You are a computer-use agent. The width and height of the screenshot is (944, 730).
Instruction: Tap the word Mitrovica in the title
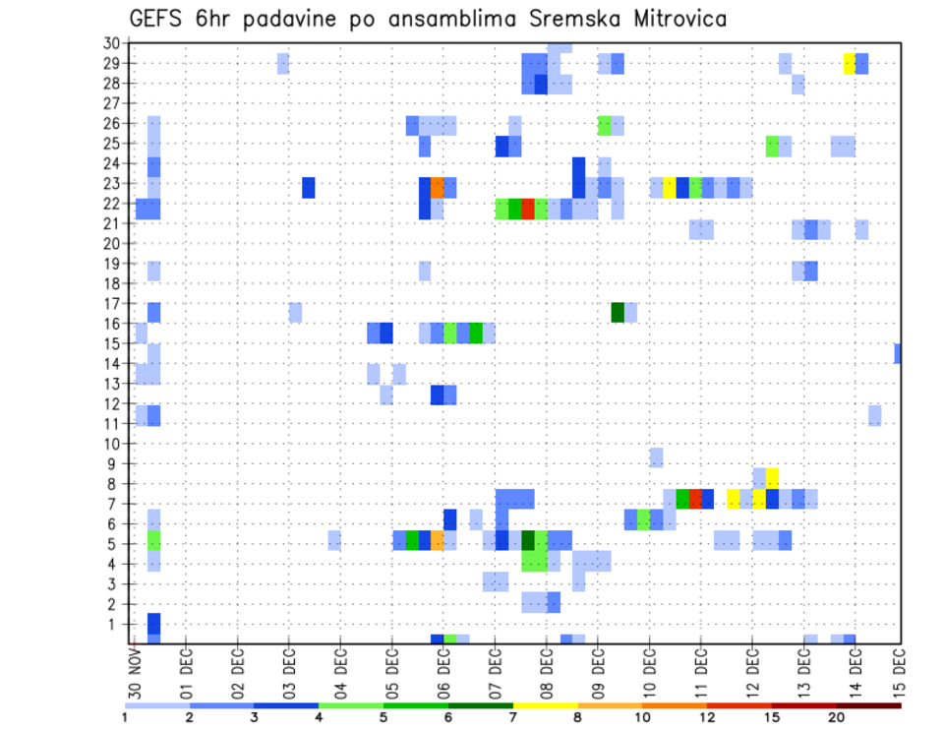[664, 19]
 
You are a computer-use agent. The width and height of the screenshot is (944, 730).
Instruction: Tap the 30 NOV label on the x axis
[134, 668]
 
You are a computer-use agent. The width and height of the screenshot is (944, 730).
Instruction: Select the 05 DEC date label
[391, 668]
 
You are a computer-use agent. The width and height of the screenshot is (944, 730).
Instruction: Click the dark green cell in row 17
[618, 312]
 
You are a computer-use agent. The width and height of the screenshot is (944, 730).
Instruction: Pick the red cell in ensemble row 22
[528, 209]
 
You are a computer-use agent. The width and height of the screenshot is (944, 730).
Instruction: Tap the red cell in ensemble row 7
[695, 499]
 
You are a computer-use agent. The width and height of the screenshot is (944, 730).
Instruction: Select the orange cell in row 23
[438, 188]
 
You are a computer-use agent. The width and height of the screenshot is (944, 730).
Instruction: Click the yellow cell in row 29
[849, 63]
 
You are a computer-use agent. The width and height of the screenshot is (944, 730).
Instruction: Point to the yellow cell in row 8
[773, 477]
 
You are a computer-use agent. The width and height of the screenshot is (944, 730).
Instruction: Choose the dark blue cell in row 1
[153, 624]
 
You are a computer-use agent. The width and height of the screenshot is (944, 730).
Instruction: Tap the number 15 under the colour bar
[772, 717]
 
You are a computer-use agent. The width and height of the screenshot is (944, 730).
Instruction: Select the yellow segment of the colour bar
[545, 705]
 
